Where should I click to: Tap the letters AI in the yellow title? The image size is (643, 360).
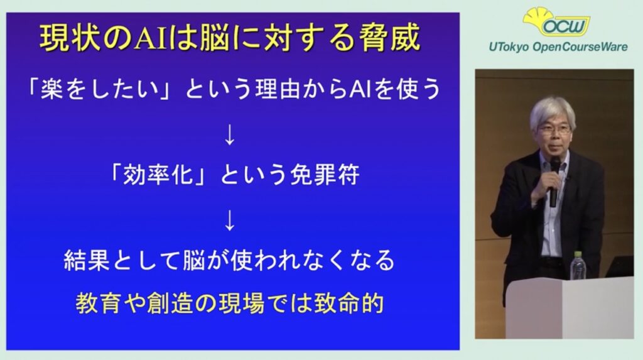pos(151,38)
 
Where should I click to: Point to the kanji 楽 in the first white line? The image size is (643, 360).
pos(51,89)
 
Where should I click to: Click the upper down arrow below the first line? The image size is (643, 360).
pos(230,134)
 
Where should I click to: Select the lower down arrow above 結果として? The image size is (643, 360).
pos(230,221)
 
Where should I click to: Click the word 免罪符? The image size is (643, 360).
pos(325,175)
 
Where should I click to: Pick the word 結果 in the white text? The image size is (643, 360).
pos(87,260)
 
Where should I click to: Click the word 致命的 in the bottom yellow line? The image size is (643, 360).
pos(349,303)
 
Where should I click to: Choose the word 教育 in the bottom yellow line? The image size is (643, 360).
pos(99,303)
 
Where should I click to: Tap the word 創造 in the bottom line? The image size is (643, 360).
pos(170,303)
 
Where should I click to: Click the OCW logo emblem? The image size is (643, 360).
pos(556,22)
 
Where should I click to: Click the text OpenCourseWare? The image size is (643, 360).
pos(580,47)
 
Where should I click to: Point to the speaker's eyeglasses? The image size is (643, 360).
pos(554,129)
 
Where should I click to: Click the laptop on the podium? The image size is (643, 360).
pos(620,266)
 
